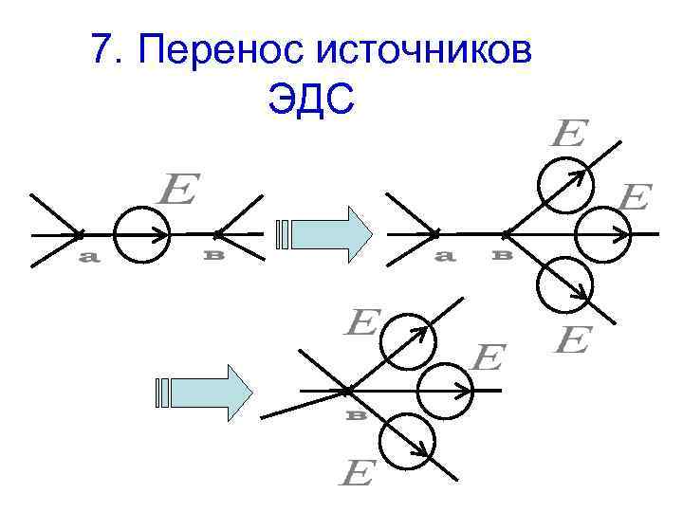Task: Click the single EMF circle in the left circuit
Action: coord(141,232)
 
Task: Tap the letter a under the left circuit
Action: coord(88,259)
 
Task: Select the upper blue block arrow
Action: coord(328,233)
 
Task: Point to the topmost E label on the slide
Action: coord(569,133)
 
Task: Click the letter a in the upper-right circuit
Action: coord(443,256)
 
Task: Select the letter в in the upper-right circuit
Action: coord(504,255)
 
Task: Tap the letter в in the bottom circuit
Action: coord(356,414)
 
